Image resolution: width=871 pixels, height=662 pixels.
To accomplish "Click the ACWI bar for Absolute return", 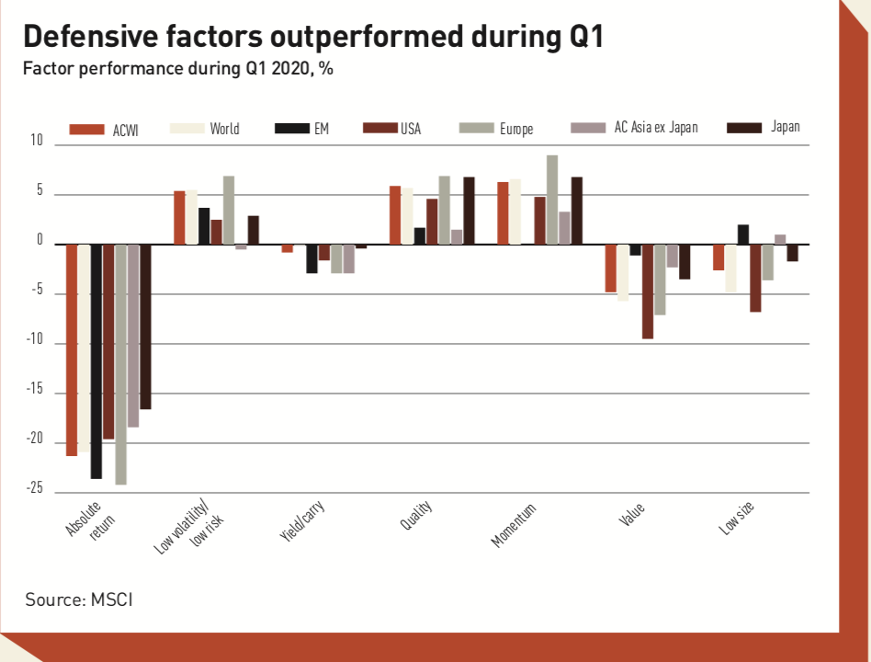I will pos(72,349).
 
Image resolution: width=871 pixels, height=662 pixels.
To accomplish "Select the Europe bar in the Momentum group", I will pos(552,200).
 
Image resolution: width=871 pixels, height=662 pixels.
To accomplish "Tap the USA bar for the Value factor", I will pos(648,291).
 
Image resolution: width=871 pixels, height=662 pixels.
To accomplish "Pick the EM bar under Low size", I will pos(743,234).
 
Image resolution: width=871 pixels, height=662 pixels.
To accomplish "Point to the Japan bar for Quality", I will pos(469,211).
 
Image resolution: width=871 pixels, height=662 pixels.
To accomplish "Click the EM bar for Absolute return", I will pos(96,361).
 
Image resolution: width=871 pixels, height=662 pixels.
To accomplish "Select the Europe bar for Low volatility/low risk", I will pos(229,210).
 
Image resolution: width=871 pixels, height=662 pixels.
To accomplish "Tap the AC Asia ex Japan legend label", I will pos(656,128).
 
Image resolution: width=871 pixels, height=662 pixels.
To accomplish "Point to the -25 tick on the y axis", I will pos(34,489).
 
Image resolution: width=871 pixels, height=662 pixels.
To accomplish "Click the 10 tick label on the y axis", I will pos(37,142).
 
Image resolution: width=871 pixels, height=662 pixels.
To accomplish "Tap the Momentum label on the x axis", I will pos(513,526).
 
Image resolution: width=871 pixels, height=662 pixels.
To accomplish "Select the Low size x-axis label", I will pos(737,520).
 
